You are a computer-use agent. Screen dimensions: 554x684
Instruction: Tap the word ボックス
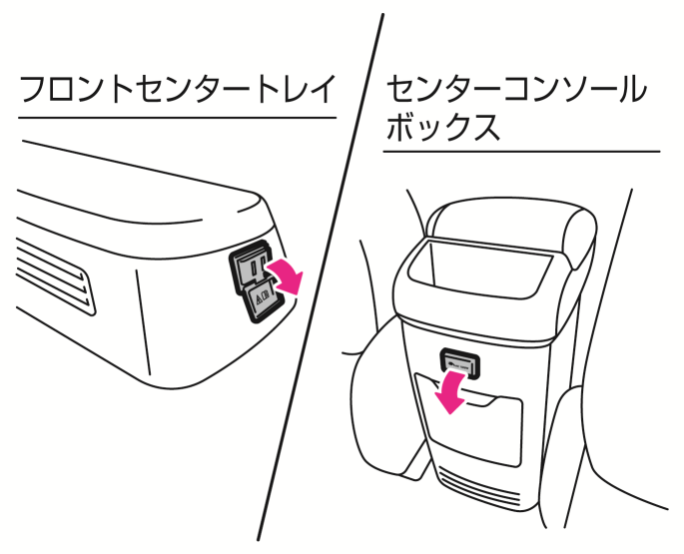[x=443, y=129]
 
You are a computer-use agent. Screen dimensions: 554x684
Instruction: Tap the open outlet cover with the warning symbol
[x=262, y=296]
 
